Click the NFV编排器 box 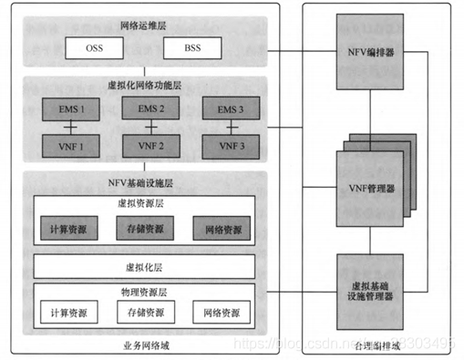370,51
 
